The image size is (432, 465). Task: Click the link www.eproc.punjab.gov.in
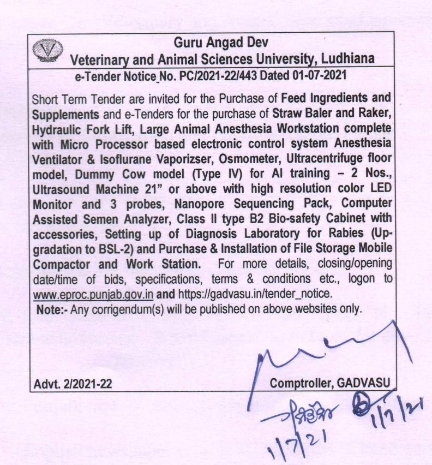pyautogui.click(x=93, y=294)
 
